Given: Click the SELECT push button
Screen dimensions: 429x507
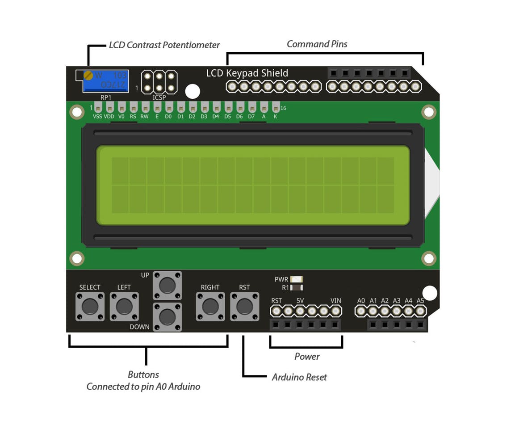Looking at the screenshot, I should tap(90, 307).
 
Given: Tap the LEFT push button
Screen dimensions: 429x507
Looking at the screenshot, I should tap(124, 307).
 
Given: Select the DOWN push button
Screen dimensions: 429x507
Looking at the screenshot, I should tap(167, 317).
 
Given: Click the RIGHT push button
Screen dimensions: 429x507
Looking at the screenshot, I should tap(210, 307).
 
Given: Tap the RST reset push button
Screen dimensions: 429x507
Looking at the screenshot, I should tap(244, 307).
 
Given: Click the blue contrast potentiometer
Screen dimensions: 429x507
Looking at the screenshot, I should tap(106, 81).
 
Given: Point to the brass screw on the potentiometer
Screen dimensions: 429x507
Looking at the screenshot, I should tap(88, 76).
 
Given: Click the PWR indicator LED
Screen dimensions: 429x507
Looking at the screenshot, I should tap(296, 279).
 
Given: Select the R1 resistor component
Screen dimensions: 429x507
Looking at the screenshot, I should tap(296, 288).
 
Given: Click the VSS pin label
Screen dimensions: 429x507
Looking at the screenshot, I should tap(97, 117).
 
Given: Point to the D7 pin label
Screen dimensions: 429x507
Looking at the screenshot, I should tap(251, 117).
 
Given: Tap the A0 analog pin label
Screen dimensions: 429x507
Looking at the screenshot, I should tap(361, 301).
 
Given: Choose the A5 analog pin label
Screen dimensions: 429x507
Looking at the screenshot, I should tap(420, 301).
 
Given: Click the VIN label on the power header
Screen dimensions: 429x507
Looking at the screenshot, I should tap(336, 301).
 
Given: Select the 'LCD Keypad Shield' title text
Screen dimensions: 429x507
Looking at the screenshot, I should tap(247, 73).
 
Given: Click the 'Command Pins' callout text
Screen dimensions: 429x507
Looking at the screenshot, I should tap(317, 44).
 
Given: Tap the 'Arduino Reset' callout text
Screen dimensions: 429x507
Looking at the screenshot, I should tap(299, 377).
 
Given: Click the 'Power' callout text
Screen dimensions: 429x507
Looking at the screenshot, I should tap(307, 357).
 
